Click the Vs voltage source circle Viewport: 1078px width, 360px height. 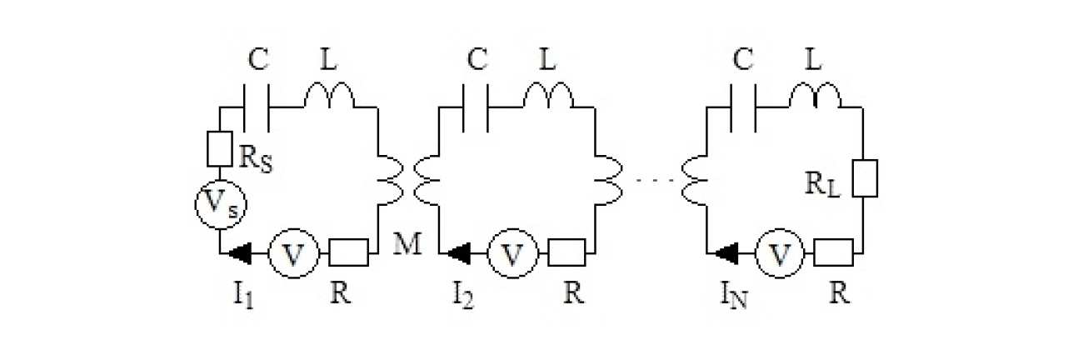pos(221,205)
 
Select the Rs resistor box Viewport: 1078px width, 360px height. pos(220,148)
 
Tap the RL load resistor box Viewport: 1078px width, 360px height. pos(865,178)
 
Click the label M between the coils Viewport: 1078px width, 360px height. pos(407,243)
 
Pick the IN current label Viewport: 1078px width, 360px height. pos(733,295)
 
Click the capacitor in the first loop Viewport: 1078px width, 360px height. pos(257,107)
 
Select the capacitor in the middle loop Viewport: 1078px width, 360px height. pos(476,107)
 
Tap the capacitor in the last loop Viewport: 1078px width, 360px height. pos(743,107)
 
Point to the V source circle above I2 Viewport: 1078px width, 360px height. pos(512,253)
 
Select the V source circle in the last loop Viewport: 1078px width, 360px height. pos(780,253)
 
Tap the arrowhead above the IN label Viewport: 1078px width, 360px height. pos(726,253)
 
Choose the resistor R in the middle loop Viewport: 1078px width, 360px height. pos(567,252)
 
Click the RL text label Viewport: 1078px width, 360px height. pos(822,184)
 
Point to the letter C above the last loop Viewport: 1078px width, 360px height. pos(742,60)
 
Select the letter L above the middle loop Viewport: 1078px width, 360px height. pos(547,60)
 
